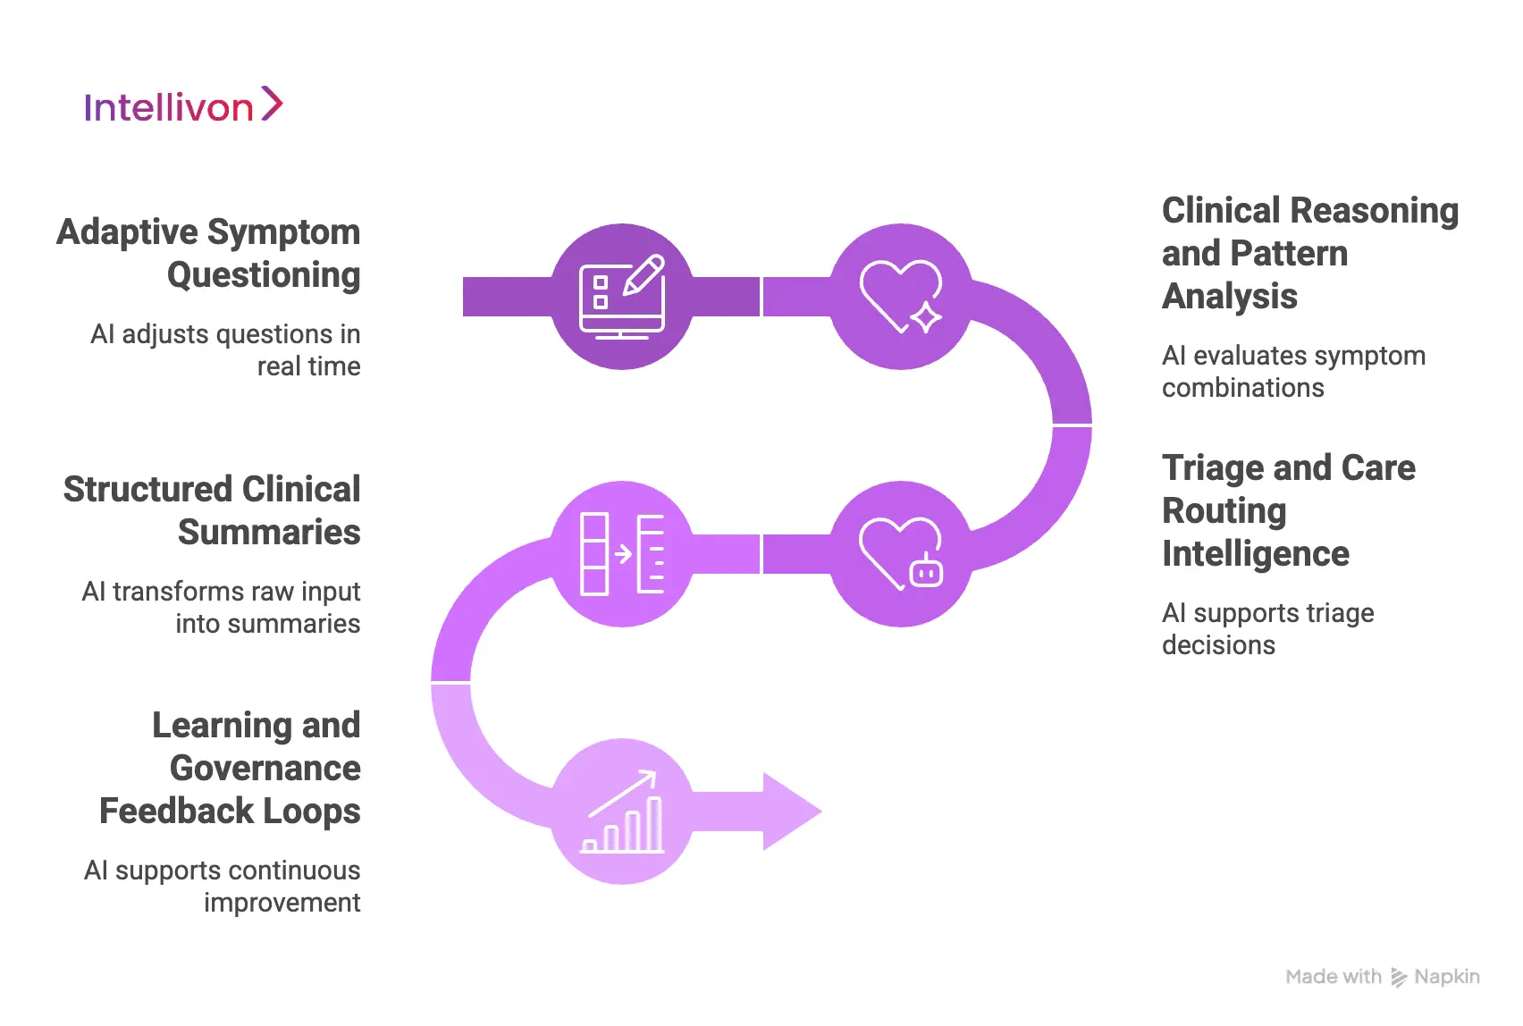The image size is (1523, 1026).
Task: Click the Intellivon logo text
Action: [169, 108]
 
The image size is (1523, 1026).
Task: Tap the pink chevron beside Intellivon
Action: [272, 104]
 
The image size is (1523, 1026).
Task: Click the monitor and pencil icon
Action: [622, 297]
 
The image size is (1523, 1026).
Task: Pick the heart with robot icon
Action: [900, 554]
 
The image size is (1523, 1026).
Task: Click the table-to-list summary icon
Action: [622, 554]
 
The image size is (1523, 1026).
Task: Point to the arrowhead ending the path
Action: [790, 812]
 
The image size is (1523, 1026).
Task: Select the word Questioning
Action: [264, 275]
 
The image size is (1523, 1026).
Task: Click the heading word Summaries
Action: [269, 533]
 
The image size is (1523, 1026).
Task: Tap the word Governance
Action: [265, 769]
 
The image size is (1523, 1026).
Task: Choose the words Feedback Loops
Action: [230, 812]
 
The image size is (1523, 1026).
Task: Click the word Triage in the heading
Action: [1213, 468]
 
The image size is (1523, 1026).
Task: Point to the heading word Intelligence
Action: [1255, 554]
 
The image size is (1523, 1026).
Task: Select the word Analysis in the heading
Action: [1229, 297]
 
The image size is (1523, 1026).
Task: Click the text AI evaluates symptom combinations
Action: [1292, 372]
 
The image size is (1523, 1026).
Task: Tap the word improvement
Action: [282, 903]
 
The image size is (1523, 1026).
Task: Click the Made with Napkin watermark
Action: [1382, 977]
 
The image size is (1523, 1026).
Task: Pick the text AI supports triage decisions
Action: [1267, 629]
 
